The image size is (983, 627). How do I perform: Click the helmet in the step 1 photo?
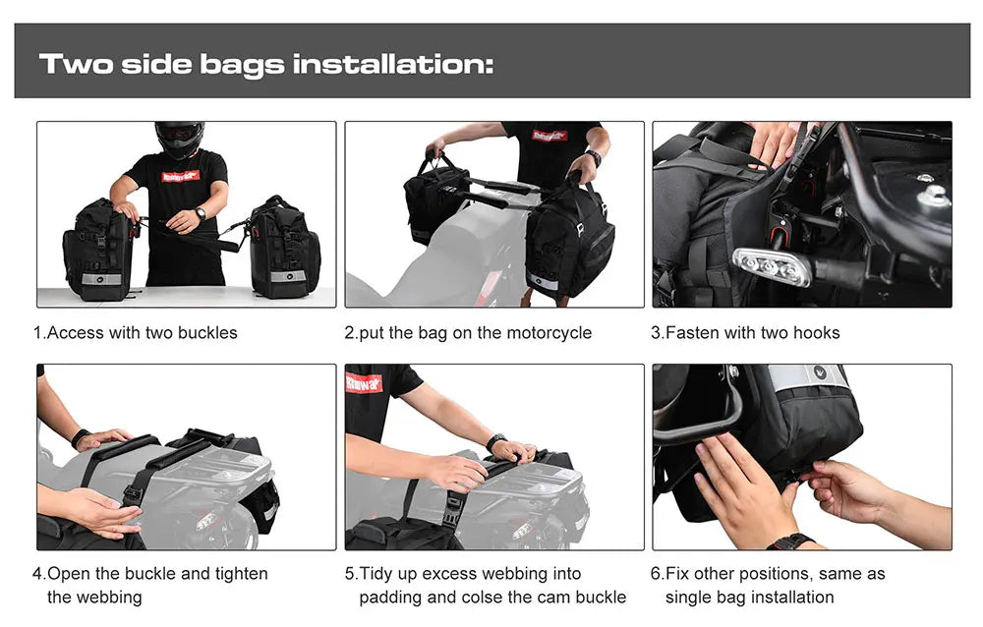click(180, 139)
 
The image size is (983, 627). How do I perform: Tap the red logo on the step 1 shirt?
click(180, 176)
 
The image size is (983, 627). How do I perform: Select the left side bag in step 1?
click(97, 250)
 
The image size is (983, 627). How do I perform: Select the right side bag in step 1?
click(284, 249)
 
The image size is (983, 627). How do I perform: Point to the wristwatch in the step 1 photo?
click(201, 213)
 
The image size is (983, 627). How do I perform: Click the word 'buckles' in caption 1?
click(206, 333)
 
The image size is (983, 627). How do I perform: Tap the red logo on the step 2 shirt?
click(549, 136)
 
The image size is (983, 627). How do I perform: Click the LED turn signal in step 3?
click(772, 265)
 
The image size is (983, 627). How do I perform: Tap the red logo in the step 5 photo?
click(363, 382)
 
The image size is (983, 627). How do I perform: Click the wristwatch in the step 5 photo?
click(496, 442)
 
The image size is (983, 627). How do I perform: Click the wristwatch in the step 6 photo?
click(790, 541)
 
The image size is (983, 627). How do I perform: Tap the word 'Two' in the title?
click(75, 65)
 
